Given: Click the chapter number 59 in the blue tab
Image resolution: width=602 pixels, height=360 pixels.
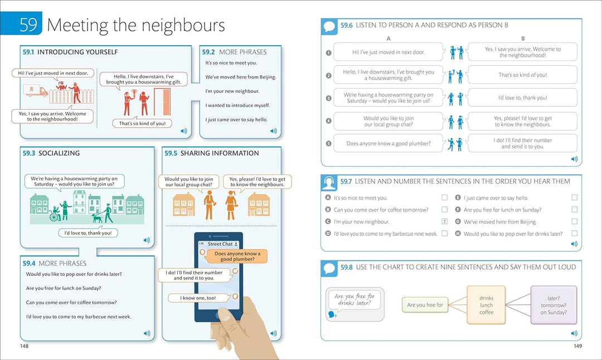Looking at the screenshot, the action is click(x=28, y=24).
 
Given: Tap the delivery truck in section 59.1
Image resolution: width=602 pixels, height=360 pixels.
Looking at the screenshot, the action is click(x=35, y=90).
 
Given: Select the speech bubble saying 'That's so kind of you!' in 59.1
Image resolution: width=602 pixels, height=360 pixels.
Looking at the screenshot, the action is click(x=142, y=123).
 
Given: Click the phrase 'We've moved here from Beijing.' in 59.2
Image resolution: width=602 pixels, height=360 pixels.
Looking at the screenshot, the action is click(x=240, y=77).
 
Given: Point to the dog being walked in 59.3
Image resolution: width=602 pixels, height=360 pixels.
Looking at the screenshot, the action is click(x=97, y=218).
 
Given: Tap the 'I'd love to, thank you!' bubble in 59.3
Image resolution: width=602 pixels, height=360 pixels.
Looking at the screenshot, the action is click(x=88, y=232).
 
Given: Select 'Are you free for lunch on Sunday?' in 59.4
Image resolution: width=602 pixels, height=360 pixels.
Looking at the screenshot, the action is click(x=64, y=288).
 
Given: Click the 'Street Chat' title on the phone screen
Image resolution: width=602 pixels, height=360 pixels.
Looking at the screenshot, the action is click(x=220, y=244).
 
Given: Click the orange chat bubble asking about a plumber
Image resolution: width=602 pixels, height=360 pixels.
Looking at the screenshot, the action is click(x=237, y=256).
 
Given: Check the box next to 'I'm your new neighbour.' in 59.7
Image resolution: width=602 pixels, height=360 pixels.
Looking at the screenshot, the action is click(x=445, y=221).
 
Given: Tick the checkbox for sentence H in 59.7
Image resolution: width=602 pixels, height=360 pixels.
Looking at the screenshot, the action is click(x=574, y=233).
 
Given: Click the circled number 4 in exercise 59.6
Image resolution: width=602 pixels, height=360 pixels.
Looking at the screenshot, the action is click(x=329, y=120).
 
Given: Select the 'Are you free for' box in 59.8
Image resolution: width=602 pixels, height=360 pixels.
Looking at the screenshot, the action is click(x=425, y=305).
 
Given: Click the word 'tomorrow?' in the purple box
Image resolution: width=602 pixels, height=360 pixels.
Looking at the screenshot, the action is click(x=554, y=305).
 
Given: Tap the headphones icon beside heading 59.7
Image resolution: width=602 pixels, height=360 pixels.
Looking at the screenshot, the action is click(x=329, y=182).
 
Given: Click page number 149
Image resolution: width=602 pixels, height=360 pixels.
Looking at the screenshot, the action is click(x=577, y=346).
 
